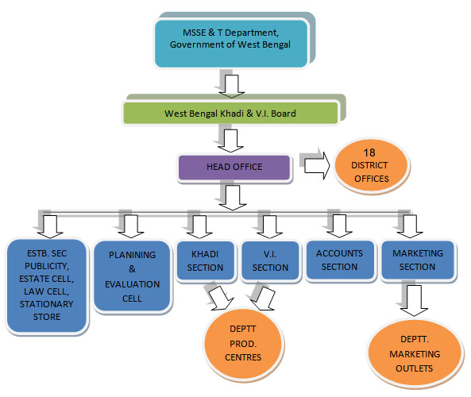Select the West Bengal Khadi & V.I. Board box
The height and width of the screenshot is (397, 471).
[230, 114]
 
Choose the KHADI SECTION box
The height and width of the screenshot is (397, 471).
[204, 261]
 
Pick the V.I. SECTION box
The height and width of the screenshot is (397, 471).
[264, 261]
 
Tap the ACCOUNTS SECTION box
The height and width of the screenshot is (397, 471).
[339, 260]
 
